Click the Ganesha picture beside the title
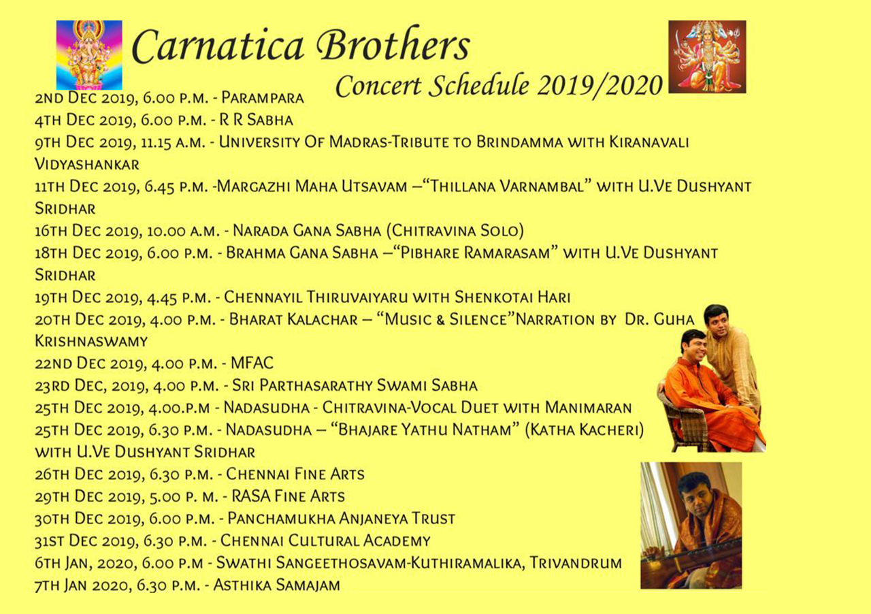[x=89, y=55]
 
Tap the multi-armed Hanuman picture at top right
[x=707, y=56]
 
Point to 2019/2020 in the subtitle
[x=600, y=86]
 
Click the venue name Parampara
[x=263, y=97]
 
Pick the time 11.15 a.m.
[x=173, y=142]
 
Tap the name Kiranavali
[x=649, y=142]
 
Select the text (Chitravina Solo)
[x=455, y=231]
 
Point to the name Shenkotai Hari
[x=512, y=297]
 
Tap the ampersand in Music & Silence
[x=440, y=319]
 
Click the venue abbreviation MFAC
[x=252, y=363]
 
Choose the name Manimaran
[x=588, y=408]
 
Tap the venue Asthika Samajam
[x=276, y=585]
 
